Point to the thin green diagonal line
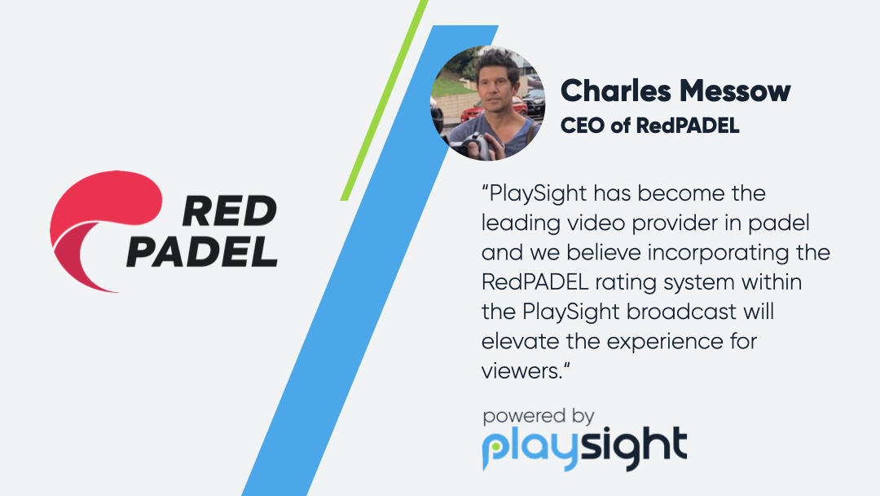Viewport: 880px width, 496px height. [x=384, y=98]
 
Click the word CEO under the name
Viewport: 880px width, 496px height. [x=579, y=126]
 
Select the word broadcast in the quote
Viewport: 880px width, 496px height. [x=677, y=311]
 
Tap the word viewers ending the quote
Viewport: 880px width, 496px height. [x=518, y=370]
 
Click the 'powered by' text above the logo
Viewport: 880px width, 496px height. [x=538, y=416]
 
